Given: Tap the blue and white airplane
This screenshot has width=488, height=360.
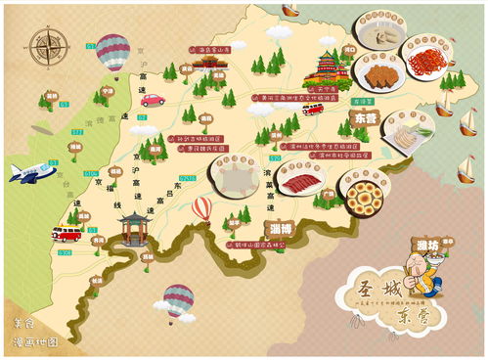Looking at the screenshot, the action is tap(32, 172).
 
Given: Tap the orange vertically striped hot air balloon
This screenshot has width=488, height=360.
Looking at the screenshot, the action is tap(200, 209).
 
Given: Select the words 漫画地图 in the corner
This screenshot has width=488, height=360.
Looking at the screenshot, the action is tap(36, 342).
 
